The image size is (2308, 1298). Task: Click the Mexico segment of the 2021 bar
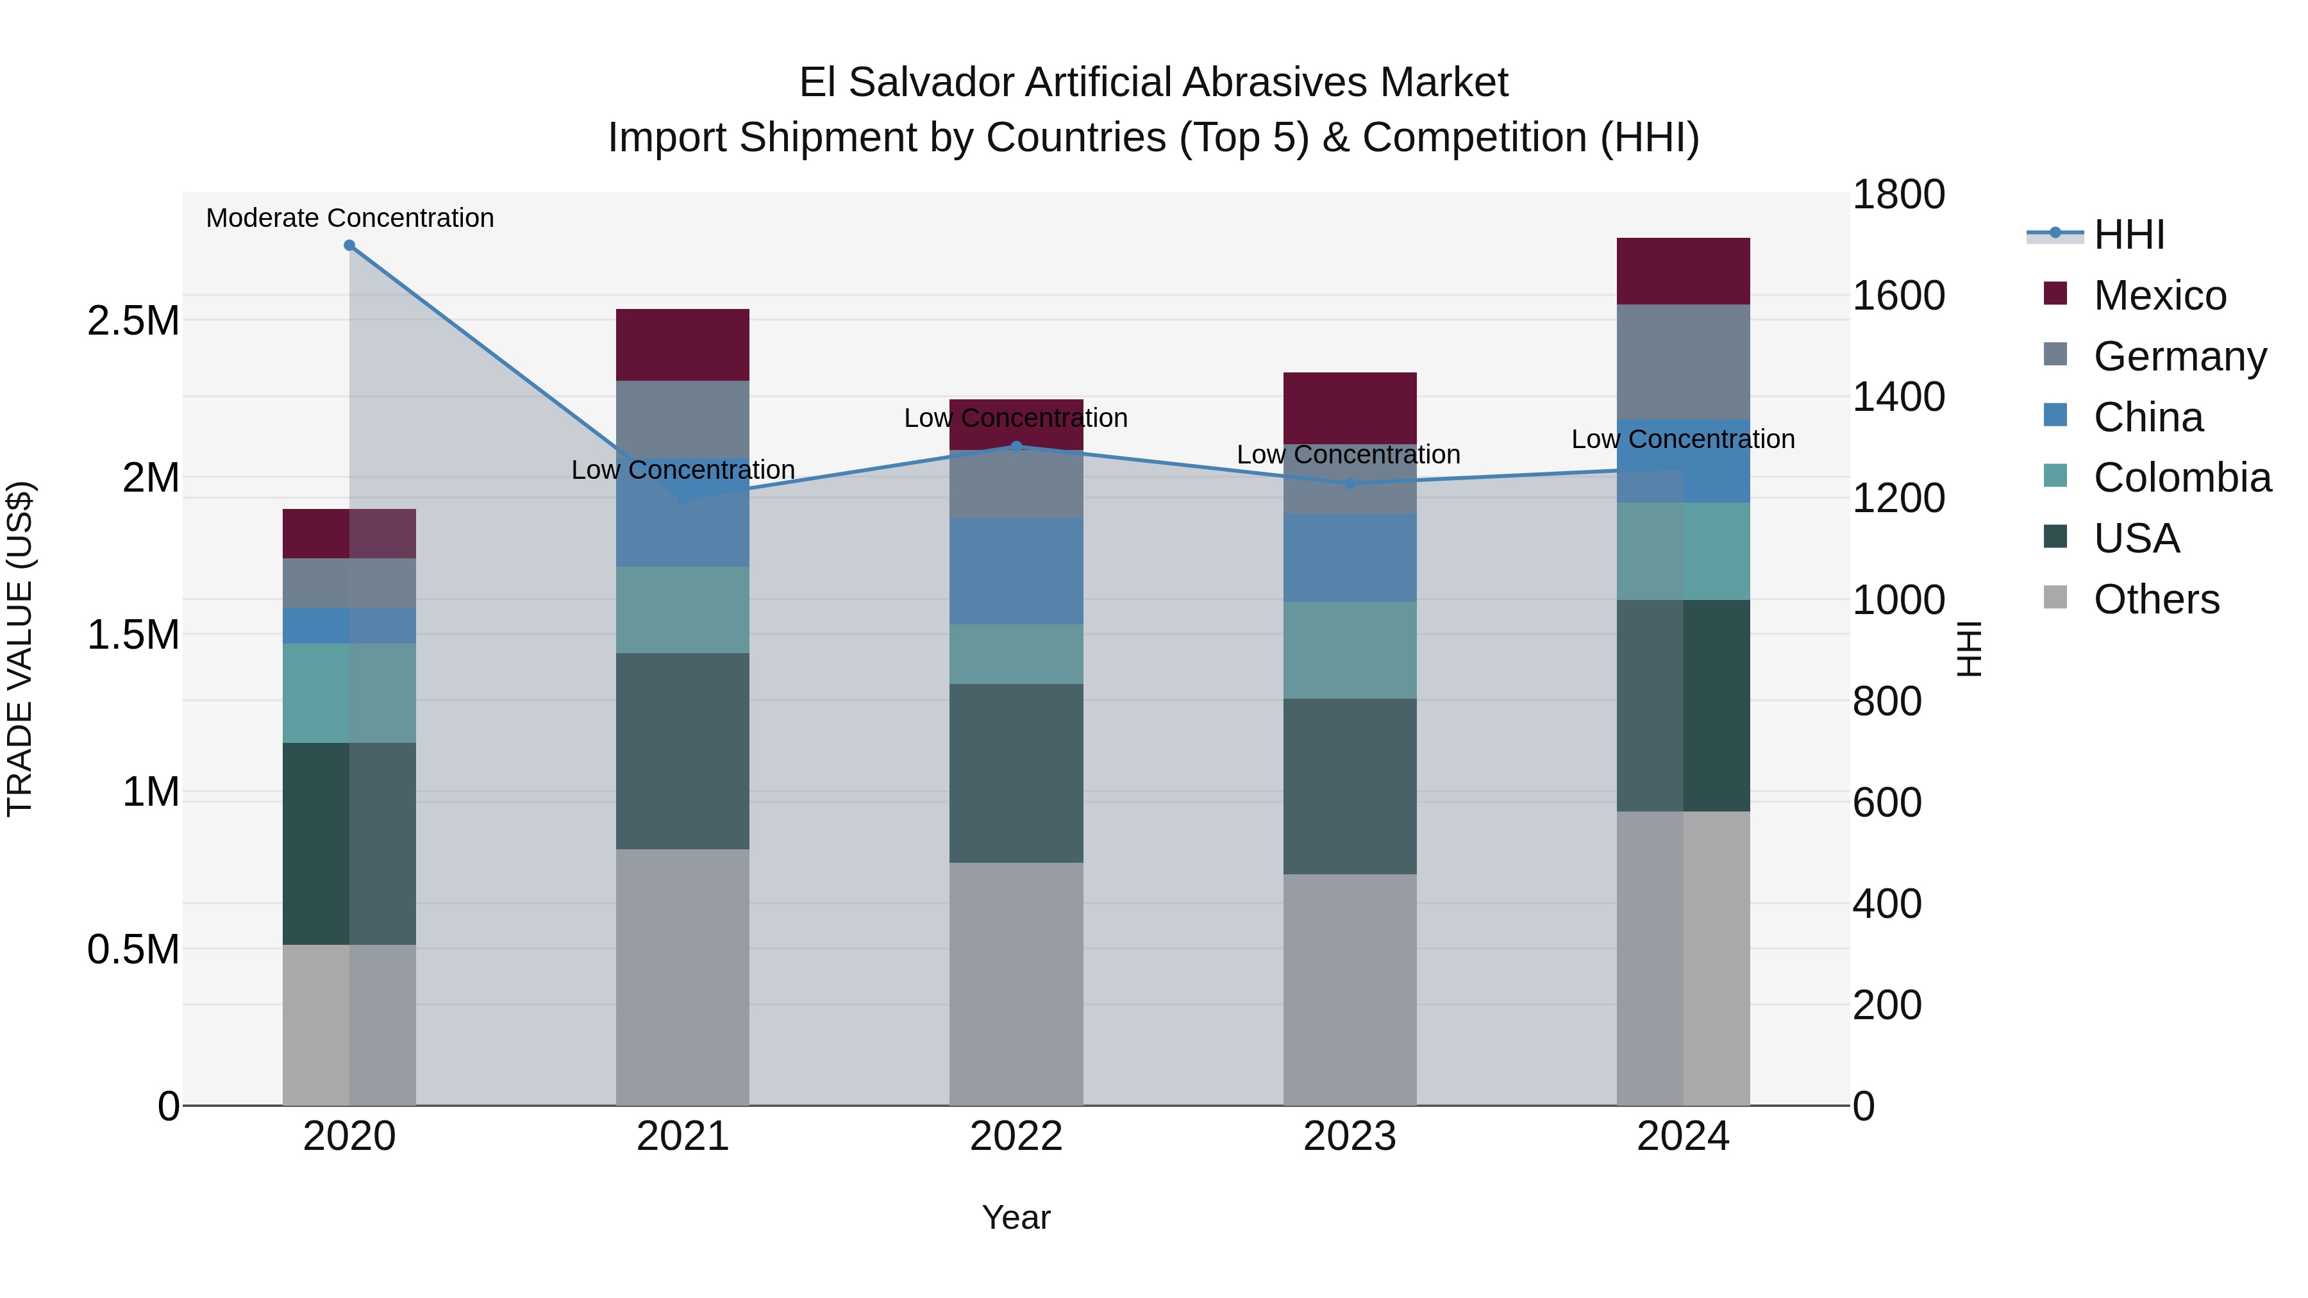point(682,345)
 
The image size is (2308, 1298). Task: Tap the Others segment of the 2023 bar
point(1350,989)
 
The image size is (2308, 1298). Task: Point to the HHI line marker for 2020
point(349,245)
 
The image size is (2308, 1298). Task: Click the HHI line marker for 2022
point(1016,446)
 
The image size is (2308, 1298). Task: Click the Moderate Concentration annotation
point(349,218)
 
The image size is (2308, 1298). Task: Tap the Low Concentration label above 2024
point(1683,439)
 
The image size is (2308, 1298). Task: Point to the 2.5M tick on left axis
point(133,320)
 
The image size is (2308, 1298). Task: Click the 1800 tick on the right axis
point(1898,194)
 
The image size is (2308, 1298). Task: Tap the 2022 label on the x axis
point(1016,1136)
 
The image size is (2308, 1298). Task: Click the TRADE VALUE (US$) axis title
point(20,649)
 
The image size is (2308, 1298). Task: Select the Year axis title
point(1016,1217)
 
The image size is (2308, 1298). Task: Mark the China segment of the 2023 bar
point(1350,557)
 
